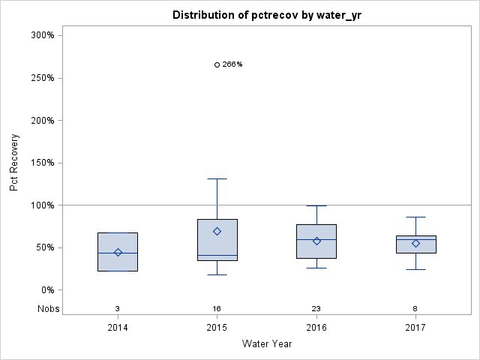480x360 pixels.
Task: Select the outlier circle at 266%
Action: click(217, 64)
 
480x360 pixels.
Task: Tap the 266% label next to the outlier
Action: click(232, 64)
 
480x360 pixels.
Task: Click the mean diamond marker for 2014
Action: click(118, 252)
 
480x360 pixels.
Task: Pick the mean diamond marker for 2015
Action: click(217, 231)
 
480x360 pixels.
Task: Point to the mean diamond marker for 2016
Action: click(316, 241)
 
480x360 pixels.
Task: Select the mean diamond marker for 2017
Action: click(415, 243)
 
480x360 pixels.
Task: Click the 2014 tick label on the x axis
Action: click(118, 328)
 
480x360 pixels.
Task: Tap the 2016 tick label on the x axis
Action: click(316, 328)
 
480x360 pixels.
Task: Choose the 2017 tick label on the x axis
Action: click(415, 328)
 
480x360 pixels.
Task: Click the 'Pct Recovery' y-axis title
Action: click(14, 163)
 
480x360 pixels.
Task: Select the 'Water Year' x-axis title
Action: click(267, 344)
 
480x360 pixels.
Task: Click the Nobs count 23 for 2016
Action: click(316, 308)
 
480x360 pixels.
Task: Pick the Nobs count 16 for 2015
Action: click(217, 308)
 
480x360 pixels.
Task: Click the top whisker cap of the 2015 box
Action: click(217, 178)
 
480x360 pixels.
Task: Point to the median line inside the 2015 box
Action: click(217, 256)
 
